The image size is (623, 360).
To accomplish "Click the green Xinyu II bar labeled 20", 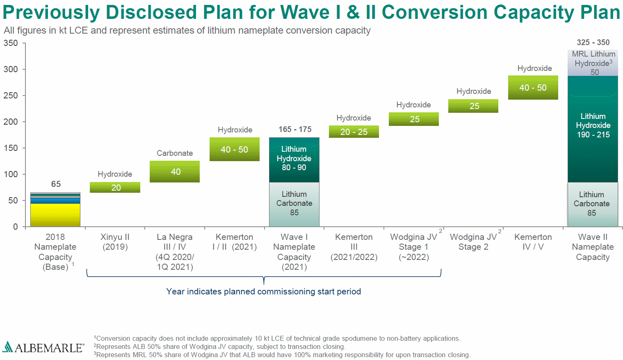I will point(115,187).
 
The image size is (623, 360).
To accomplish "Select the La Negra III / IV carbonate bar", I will point(175,171).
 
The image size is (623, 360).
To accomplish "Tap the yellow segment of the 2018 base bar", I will point(55,214).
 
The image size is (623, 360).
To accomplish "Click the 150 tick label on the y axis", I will point(11,148).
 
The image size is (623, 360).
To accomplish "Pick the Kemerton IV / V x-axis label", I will point(533,242).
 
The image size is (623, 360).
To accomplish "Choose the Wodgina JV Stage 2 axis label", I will point(473,242).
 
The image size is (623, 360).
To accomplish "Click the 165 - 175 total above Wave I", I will point(295,130).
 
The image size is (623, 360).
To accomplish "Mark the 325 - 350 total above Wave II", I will point(593,43).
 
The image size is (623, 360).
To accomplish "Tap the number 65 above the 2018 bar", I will point(56,184).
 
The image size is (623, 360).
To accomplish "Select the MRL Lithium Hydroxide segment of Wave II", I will point(593,63).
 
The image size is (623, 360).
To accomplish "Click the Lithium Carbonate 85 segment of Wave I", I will point(294,204).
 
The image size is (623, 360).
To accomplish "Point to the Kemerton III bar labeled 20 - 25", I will point(354,132).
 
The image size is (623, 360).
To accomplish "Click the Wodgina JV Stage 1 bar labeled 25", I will point(414,119).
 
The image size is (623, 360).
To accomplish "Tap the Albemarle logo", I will point(43,348).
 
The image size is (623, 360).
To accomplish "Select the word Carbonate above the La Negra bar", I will point(175,153).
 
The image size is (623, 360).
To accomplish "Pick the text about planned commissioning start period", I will point(263,292).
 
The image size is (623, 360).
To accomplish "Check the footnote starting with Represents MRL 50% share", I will point(283,355).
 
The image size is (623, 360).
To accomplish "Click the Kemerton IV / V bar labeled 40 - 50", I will point(533,87).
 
